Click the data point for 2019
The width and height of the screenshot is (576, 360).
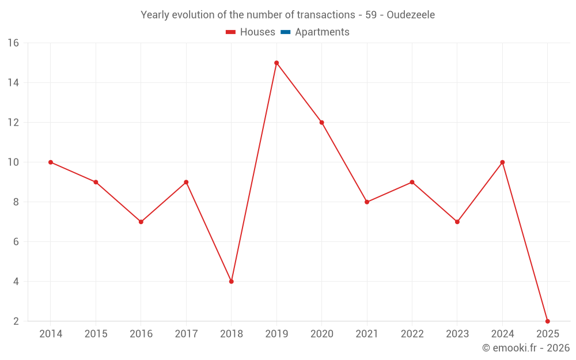[x=276, y=63]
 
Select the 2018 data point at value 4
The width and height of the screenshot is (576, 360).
[x=231, y=282]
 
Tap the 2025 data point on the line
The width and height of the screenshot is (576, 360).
[x=547, y=321]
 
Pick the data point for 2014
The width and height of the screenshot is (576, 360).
[x=51, y=162]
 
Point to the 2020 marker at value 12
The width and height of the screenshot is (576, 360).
[x=321, y=123]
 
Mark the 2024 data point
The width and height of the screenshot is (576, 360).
[x=502, y=162]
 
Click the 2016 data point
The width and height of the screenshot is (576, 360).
[x=141, y=222]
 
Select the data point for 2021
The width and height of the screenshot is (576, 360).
[x=367, y=202]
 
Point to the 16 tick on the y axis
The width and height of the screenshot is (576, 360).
[x=13, y=43]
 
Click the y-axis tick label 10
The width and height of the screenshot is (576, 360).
[x=13, y=162]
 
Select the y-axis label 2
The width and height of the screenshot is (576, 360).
[x=16, y=321]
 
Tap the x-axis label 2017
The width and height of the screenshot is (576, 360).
[x=186, y=334]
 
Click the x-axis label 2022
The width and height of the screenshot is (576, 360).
[x=412, y=334]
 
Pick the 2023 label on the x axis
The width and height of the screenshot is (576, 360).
[x=457, y=334]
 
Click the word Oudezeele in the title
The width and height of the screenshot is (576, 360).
[x=411, y=15]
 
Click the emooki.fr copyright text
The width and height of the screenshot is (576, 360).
[x=525, y=348]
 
